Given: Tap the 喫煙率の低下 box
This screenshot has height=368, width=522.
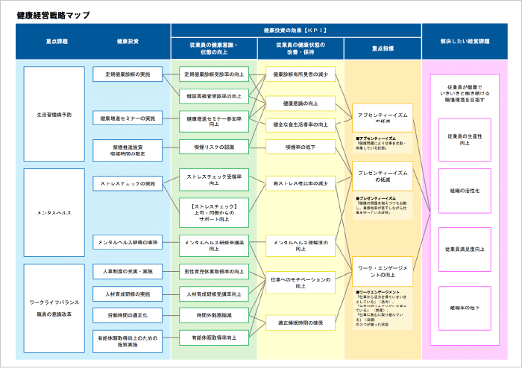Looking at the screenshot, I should (x=301, y=147).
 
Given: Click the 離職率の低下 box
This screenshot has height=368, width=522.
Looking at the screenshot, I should (x=465, y=307).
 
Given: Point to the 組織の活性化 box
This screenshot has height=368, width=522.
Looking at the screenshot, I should (x=465, y=191).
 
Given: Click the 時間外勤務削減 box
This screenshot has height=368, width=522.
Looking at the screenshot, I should (x=214, y=315).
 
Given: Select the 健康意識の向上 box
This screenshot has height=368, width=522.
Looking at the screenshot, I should (x=301, y=103).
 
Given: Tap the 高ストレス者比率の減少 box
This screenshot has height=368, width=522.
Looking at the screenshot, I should (x=301, y=183).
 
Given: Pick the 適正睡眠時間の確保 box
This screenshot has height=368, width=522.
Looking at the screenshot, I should (x=301, y=323).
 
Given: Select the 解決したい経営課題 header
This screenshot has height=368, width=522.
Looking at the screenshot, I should (x=465, y=41).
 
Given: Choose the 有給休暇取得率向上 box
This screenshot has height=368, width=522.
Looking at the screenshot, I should (x=214, y=337).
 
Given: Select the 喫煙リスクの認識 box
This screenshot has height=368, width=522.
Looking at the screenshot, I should (x=214, y=147).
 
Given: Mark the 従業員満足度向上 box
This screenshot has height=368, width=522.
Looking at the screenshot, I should (x=465, y=249).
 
